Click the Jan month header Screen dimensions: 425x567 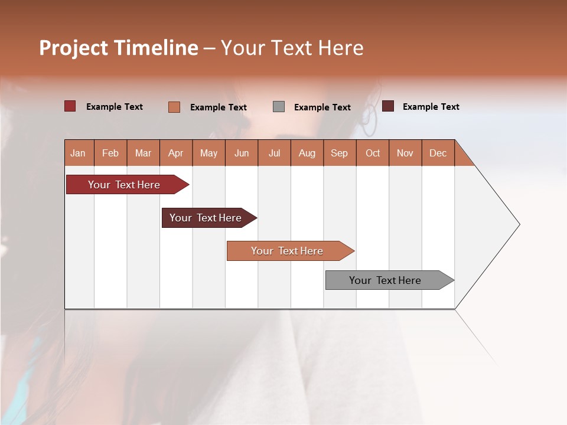(79, 153)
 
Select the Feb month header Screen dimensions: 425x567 (110, 153)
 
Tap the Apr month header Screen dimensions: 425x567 (176, 153)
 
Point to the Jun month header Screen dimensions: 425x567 (242, 153)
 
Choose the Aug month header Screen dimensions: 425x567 (307, 153)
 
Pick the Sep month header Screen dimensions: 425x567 (340, 153)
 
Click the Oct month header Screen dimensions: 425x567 (373, 153)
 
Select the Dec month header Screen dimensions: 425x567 (438, 153)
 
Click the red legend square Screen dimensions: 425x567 (70, 106)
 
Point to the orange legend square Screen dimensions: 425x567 (174, 107)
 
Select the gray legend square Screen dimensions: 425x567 (279, 107)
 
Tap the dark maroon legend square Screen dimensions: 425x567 (388, 106)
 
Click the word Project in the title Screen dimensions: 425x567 (73, 48)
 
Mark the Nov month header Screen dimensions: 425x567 (405, 153)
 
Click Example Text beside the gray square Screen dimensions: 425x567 (322, 107)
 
